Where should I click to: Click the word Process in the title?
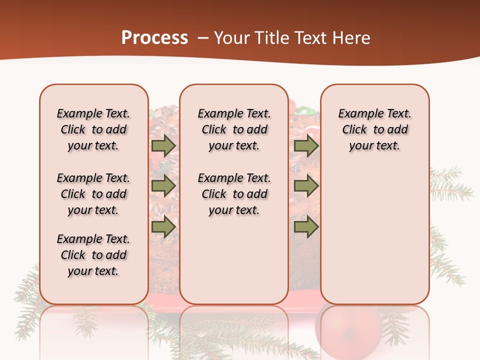pyautogui.click(x=154, y=38)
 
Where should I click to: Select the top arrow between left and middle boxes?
pyautogui.click(x=163, y=145)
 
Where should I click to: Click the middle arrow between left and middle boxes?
pyautogui.click(x=163, y=186)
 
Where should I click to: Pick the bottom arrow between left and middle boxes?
pyautogui.click(x=163, y=227)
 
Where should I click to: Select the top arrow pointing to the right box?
pyautogui.click(x=306, y=145)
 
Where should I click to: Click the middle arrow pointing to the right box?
pyautogui.click(x=306, y=186)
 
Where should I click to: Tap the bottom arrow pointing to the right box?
pyautogui.click(x=306, y=227)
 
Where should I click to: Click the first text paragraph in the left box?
pyautogui.click(x=93, y=129)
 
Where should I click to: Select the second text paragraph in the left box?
pyautogui.click(x=93, y=194)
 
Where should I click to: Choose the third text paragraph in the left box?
pyautogui.click(x=93, y=255)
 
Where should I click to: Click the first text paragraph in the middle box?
pyautogui.click(x=234, y=129)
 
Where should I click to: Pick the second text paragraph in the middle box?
pyautogui.click(x=234, y=194)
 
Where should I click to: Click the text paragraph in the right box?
pyautogui.click(x=374, y=129)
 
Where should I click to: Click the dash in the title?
pyautogui.click(x=203, y=38)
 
